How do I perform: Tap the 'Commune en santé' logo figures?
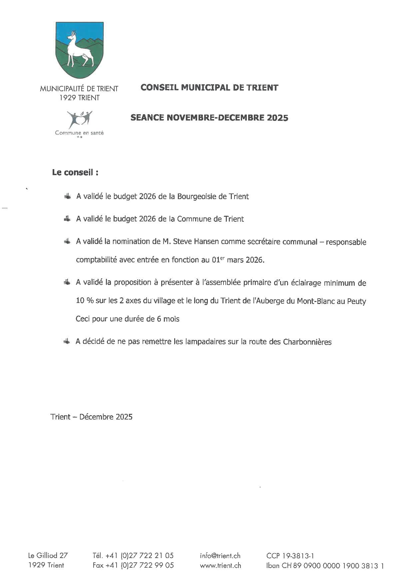point(79,119)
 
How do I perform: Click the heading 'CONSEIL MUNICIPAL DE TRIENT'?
point(209,88)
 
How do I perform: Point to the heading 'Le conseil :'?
point(75,172)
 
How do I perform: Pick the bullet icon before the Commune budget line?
point(67,219)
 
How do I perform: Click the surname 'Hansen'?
point(206,242)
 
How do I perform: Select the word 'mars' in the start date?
point(235,260)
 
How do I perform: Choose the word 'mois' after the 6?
point(172,319)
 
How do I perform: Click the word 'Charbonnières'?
point(307,342)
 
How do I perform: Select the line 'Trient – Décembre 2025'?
point(92,417)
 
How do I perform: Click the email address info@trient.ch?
point(220,555)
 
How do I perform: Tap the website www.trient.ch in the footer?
point(220,565)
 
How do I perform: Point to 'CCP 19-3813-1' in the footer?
point(290,555)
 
